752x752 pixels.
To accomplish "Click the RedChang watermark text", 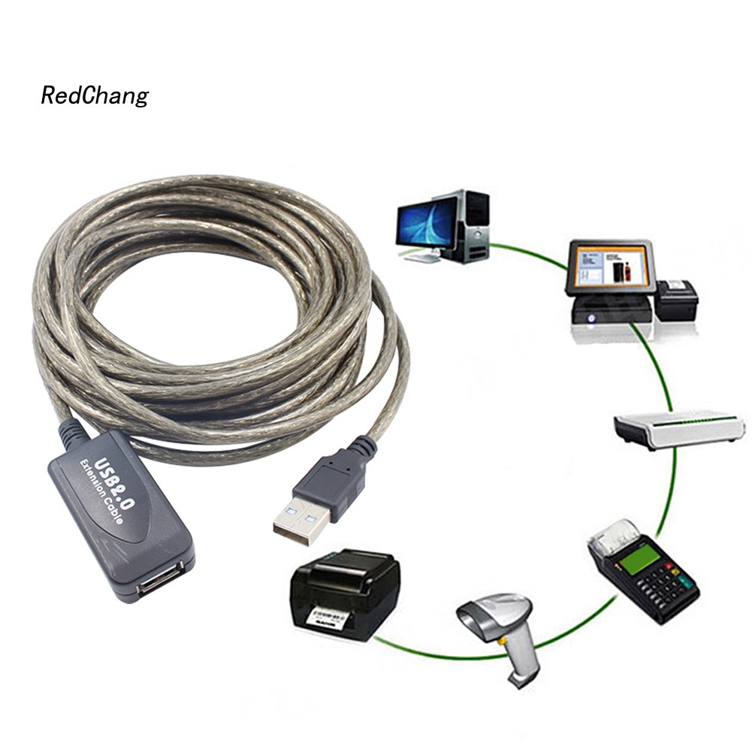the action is pyautogui.click(x=95, y=96).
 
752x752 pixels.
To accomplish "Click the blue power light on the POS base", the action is pyautogui.click(x=591, y=318).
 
